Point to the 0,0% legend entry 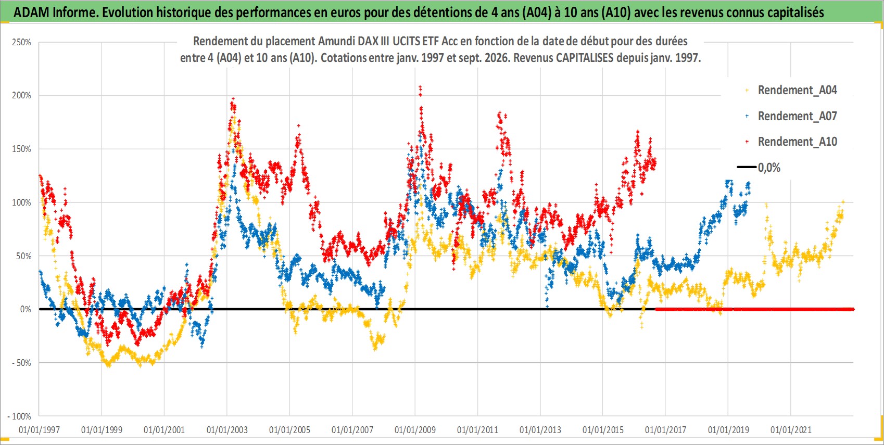(759, 168)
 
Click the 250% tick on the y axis (21, 43)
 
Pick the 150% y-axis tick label (21, 149)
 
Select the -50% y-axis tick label (20, 363)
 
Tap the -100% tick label (19, 416)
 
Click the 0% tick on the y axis (26, 310)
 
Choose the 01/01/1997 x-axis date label (39, 430)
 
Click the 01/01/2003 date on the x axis (227, 430)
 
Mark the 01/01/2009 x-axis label (415, 430)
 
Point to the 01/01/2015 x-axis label (603, 430)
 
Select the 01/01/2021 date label (791, 430)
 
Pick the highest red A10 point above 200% (420, 86)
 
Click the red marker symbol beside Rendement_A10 (747, 142)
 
